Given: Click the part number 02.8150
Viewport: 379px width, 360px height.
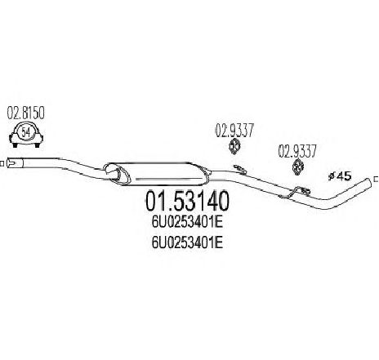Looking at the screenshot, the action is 25,113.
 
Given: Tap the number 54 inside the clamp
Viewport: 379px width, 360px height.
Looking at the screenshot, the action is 26,132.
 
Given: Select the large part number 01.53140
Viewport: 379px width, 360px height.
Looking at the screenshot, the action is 187,201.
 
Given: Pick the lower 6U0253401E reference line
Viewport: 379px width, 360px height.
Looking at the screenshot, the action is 187,242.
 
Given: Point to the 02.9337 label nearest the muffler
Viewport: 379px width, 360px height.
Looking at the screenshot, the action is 234,131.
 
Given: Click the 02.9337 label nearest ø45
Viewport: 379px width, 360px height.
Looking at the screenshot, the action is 297,151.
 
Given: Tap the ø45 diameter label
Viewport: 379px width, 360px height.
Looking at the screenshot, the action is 340,176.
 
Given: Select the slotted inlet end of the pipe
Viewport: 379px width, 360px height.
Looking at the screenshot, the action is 15,163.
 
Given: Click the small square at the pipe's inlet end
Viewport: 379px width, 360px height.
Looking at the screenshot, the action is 2,163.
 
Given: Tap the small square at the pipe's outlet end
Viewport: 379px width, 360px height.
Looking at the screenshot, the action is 377,180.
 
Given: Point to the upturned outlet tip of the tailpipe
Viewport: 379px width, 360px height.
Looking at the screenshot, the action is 367,182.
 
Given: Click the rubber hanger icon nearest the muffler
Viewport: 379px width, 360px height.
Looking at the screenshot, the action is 234,146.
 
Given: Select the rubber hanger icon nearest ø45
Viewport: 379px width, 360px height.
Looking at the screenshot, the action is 298,167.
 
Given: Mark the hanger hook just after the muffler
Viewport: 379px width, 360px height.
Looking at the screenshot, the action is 240,169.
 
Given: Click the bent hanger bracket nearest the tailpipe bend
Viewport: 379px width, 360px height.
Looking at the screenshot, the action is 296,192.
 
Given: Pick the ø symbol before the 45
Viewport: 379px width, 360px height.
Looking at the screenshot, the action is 332,176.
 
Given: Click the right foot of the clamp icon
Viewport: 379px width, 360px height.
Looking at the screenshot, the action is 37,145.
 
